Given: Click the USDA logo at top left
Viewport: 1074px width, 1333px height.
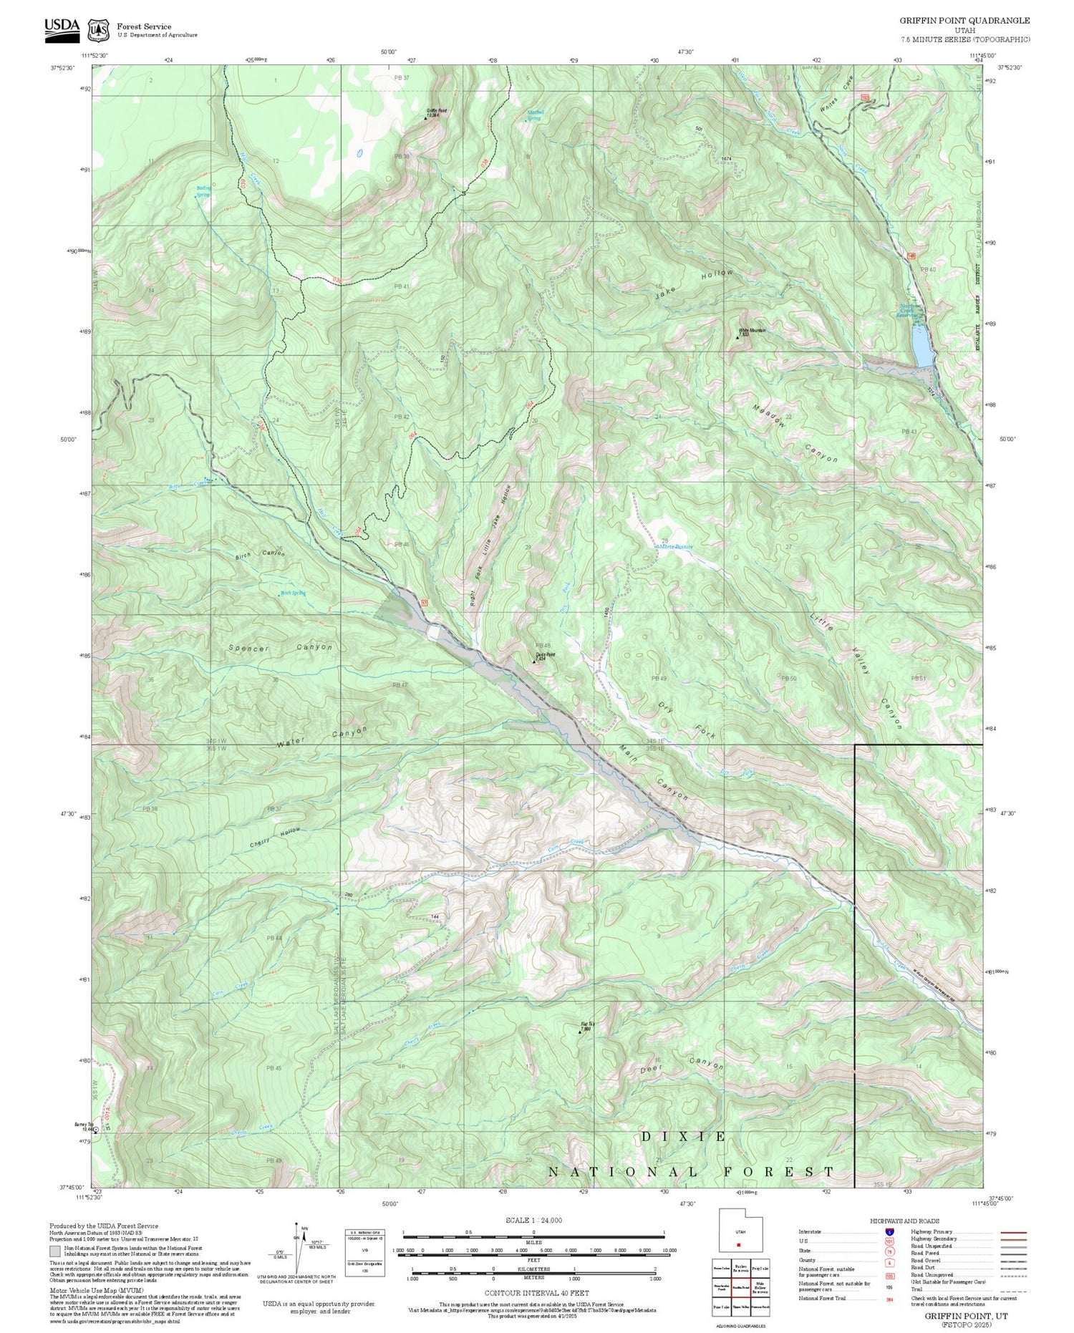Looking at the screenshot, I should tap(62, 29).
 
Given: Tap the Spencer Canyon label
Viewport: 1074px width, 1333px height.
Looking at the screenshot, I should tap(280, 647).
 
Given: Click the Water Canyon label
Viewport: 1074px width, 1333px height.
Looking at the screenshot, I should tap(321, 737).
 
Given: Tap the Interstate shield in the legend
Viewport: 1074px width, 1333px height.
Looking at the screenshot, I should tap(889, 1232).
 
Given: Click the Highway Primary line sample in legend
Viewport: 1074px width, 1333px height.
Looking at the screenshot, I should tap(1010, 1233).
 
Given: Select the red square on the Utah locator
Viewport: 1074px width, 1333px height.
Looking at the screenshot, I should tap(738, 1244).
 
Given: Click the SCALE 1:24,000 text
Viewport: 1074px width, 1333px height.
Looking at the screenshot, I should tap(533, 1220).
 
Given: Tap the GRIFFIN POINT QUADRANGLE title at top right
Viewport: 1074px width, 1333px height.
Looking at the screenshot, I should tap(964, 21).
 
